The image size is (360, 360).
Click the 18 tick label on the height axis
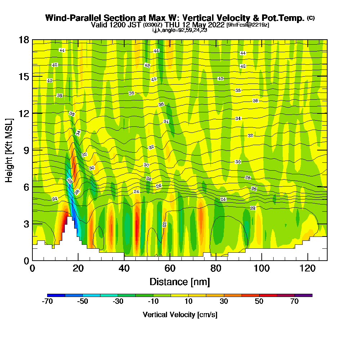coord(24,40)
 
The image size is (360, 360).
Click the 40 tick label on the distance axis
coord(124,269)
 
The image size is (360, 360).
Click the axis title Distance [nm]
coord(180,282)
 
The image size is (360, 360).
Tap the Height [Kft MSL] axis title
coord(10,150)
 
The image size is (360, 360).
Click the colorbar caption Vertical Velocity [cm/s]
coord(180,315)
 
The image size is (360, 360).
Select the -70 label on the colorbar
coord(48,302)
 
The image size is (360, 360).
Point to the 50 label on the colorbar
coord(259,302)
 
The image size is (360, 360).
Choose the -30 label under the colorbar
coord(118,302)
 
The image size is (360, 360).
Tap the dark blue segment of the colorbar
coord(56,295)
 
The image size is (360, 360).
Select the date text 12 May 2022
coord(204,25)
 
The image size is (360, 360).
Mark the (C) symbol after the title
coord(311,18)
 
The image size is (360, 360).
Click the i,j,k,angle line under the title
coord(180,30)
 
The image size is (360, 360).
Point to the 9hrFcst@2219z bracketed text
coord(248,25)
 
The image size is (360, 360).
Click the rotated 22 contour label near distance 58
coord(165,224)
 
